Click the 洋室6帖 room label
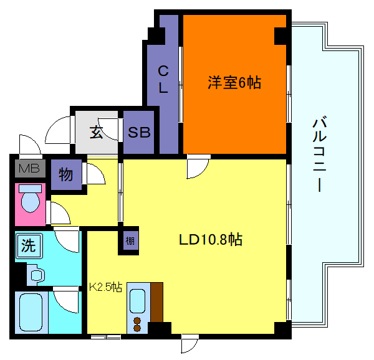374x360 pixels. point(234,82)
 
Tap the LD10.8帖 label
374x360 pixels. point(211,239)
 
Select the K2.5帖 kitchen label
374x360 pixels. point(105,288)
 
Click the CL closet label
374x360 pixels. point(163,78)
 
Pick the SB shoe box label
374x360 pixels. point(139,133)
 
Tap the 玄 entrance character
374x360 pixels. point(97,132)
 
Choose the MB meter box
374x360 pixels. point(28,168)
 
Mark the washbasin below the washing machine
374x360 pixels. point(36,274)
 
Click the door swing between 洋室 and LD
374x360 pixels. point(199,166)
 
